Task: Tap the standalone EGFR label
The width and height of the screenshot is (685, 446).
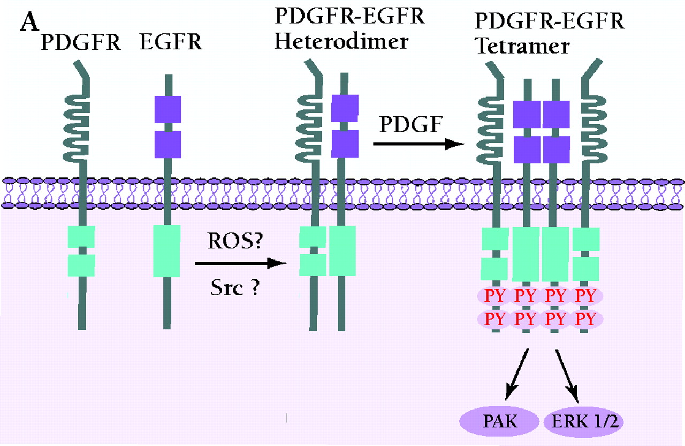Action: click(171, 42)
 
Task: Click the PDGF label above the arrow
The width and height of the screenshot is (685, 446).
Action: click(410, 127)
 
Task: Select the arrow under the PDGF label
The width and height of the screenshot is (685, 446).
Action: click(418, 144)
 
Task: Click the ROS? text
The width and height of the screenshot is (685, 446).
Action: click(234, 243)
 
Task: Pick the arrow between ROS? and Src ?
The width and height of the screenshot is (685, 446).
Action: click(239, 263)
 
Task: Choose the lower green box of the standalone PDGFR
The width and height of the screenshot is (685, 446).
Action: click(81, 265)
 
